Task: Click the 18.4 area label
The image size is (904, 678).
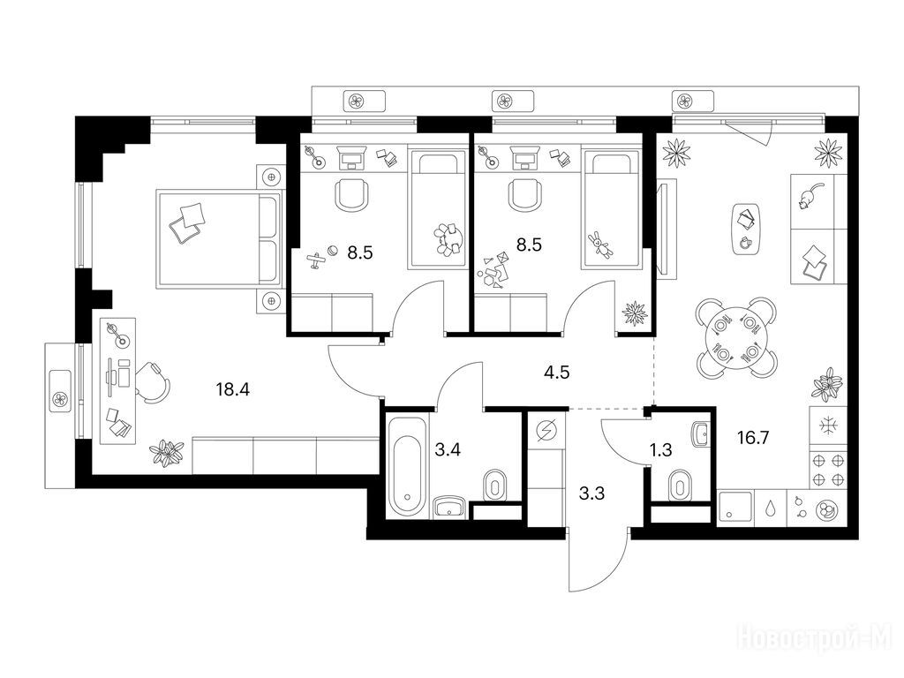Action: point(232,390)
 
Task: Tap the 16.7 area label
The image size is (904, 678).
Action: point(753,438)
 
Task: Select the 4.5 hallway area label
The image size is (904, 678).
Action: point(556,373)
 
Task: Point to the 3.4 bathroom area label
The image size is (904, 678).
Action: point(448,449)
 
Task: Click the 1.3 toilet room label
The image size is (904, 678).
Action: point(660,449)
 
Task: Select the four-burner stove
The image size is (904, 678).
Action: point(828,470)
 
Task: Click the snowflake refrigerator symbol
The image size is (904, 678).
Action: point(828,426)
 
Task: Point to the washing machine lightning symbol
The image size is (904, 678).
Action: point(546,431)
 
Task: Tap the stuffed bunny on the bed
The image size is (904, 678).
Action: point(600,245)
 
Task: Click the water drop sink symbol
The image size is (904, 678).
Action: point(771,508)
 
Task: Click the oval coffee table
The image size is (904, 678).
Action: point(746,229)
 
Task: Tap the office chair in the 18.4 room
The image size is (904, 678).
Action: point(153,382)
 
